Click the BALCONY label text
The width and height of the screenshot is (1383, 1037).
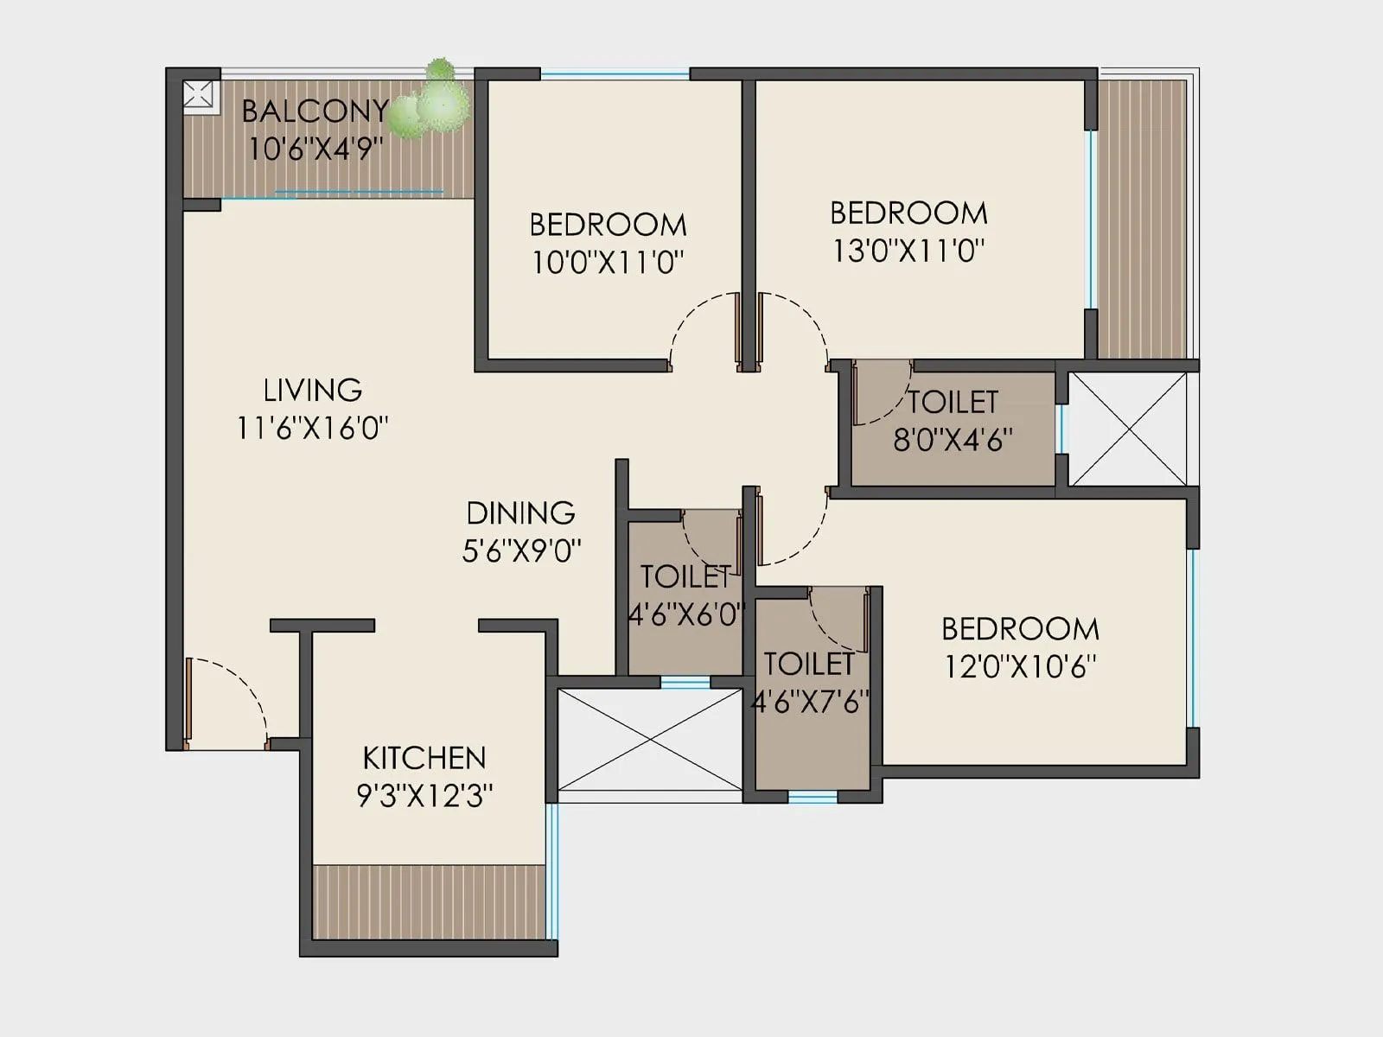point(315,111)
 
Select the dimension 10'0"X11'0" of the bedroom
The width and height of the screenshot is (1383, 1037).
point(608,262)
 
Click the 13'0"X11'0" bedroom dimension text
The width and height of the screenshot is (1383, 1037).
point(908,251)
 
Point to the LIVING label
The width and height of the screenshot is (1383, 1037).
point(312,390)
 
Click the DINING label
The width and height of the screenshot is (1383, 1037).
point(520,513)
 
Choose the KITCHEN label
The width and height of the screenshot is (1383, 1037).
point(424,758)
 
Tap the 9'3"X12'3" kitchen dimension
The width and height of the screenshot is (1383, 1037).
point(424,795)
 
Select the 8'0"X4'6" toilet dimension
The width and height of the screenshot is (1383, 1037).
point(953,440)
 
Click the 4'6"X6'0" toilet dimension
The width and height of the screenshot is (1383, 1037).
point(685,614)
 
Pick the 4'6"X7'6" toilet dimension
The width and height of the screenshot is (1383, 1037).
point(810,702)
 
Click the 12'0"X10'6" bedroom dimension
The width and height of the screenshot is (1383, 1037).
point(1020,666)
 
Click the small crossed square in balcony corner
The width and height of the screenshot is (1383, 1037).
point(198,94)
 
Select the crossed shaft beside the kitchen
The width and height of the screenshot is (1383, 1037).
point(649,740)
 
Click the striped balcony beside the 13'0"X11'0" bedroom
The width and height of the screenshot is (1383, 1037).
point(1141,216)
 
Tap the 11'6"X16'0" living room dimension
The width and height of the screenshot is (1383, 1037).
point(312,428)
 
